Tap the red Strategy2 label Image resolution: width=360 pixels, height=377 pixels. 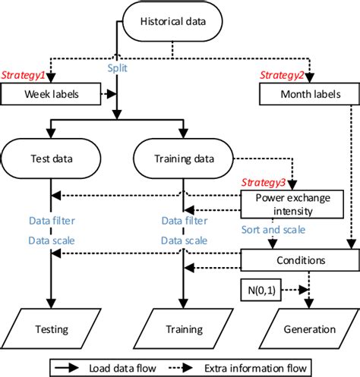point(283,76)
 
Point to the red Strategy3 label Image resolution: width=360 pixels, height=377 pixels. point(264,184)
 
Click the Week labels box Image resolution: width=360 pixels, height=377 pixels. point(51,96)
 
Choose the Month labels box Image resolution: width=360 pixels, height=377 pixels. point(310,96)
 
